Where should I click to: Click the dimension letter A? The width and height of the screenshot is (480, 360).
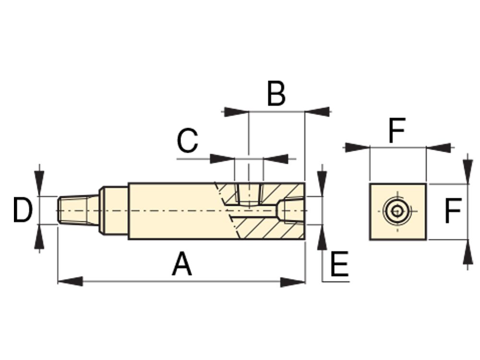click(x=182, y=265)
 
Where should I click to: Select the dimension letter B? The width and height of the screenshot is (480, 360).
click(x=276, y=94)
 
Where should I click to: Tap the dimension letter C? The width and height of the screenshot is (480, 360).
click(x=187, y=141)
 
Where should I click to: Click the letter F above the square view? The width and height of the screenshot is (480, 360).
click(x=397, y=131)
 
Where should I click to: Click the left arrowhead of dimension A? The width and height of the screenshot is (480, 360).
click(x=70, y=281)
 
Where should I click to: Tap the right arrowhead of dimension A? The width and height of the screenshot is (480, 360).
click(x=293, y=281)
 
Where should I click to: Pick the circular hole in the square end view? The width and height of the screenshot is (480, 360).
click(x=397, y=211)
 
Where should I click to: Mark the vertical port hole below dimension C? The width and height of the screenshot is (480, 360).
click(x=248, y=194)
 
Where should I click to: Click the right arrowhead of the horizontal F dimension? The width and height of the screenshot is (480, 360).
click(x=439, y=147)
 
